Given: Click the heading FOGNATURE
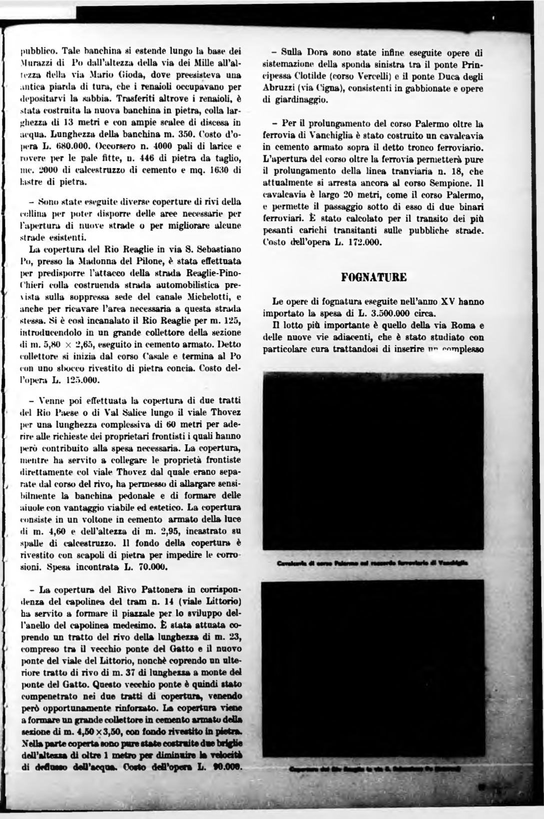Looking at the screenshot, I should pos(374,277).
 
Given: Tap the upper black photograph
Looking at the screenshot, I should pos(373,462).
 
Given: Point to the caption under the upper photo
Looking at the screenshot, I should pos(373,562).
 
